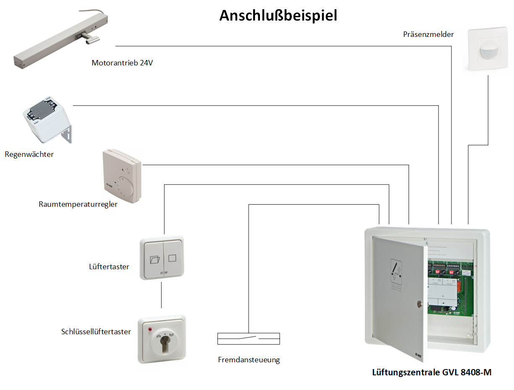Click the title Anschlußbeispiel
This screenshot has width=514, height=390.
tap(278, 16)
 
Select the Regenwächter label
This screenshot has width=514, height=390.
tap(29, 154)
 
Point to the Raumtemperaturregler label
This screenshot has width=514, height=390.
tap(78, 205)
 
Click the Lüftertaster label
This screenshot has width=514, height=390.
tap(109, 267)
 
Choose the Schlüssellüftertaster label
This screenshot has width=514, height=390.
tap(96, 332)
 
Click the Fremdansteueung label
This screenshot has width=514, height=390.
tap(249, 360)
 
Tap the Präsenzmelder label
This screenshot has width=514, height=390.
tap(428, 34)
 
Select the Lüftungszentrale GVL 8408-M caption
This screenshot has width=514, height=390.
tap(432, 372)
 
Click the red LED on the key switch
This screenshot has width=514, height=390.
tap(149, 330)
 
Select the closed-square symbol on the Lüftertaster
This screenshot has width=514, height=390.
tap(173, 258)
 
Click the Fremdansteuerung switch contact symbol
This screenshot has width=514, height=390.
tap(249, 338)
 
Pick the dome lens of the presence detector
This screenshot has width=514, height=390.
tap(488, 52)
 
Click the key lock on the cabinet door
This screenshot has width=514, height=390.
tap(418, 303)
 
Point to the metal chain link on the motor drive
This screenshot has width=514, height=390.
tap(90, 39)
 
